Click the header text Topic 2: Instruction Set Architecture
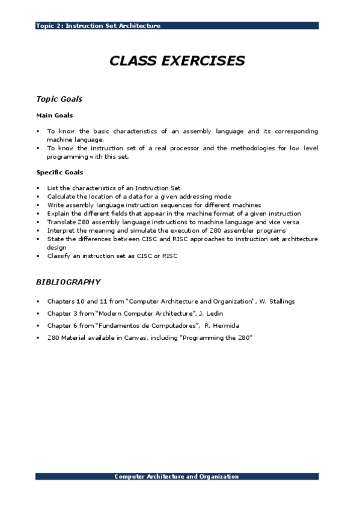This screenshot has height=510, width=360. point(98,26)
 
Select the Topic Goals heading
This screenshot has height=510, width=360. point(59,99)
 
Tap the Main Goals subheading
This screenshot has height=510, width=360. point(55,115)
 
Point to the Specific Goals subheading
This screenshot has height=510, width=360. point(59,173)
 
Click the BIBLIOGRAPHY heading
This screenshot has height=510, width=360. point(68,281)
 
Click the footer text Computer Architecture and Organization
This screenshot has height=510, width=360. point(177,476)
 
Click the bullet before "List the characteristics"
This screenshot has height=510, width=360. point(38,188)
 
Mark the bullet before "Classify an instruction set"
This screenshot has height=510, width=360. point(38,256)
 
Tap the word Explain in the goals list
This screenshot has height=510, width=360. point(58,214)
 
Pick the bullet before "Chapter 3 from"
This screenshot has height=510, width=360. point(38,313)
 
